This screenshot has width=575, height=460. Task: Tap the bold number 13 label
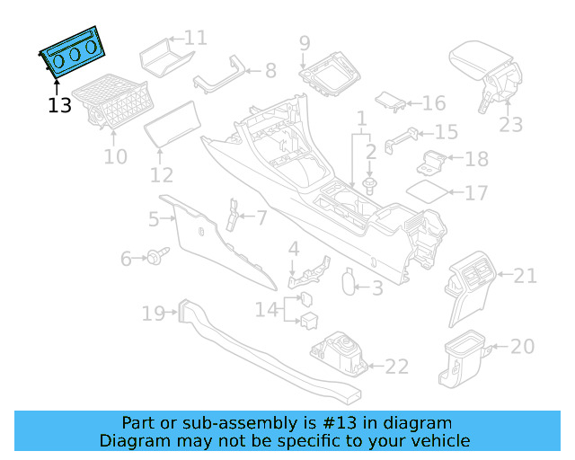[59, 105]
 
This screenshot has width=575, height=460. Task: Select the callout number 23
[510, 125]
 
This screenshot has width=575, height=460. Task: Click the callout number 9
[305, 41]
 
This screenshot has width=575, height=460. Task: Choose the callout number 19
[153, 314]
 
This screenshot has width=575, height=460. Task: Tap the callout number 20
[522, 346]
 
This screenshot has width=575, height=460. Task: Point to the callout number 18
[476, 159]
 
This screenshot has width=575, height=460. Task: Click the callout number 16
[433, 103]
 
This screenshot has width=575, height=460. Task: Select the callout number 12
[162, 174]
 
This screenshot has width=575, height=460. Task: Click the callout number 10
[115, 157]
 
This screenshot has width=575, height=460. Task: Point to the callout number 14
[266, 310]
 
